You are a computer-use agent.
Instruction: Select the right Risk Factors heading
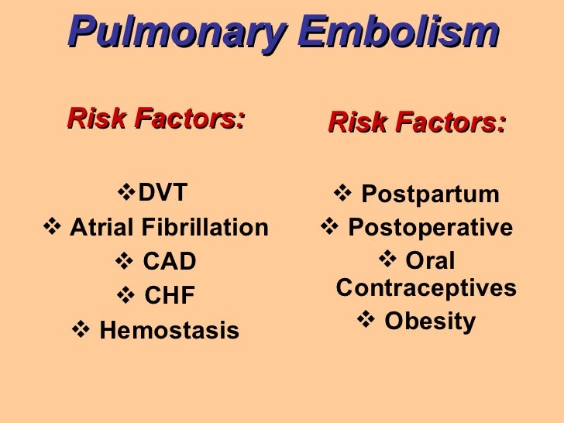tap(417, 122)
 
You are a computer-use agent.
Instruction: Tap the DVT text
tap(163, 192)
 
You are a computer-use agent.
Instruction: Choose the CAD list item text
tap(170, 263)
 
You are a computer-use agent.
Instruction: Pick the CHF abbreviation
tap(170, 296)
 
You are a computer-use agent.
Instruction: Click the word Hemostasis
tap(169, 331)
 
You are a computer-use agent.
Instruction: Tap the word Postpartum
tap(430, 194)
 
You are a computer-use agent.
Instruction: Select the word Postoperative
tap(430, 228)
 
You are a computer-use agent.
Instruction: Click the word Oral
tap(430, 261)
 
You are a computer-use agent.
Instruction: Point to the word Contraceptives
tap(426, 288)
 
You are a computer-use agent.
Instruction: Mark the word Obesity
tap(429, 322)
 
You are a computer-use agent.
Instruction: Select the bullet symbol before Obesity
tap(366, 321)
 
